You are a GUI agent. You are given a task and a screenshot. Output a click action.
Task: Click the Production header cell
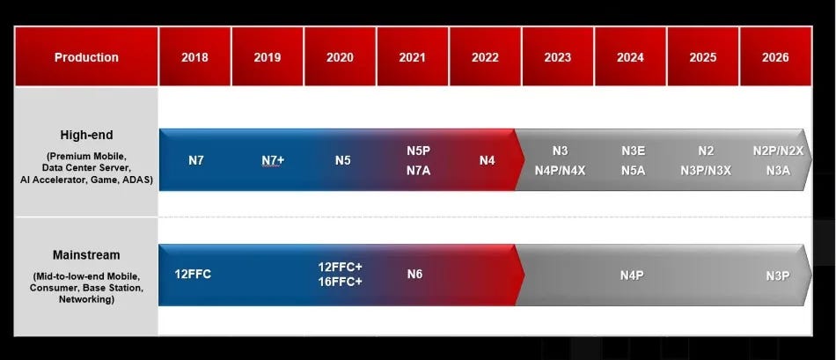86,57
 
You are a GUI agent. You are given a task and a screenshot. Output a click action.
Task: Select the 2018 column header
194,57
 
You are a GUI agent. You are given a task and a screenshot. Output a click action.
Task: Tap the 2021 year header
412,57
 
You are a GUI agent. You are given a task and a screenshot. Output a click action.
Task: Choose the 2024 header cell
630,57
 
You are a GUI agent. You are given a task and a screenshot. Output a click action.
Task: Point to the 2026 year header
775,57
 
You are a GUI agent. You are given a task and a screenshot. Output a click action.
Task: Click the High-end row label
86,135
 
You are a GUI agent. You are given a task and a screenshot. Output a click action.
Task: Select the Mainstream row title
86,255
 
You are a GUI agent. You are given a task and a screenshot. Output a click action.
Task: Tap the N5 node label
343,161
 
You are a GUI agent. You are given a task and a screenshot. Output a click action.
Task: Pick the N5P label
418,151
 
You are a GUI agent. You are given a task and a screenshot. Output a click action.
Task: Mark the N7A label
418,171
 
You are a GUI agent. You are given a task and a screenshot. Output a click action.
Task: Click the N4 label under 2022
488,161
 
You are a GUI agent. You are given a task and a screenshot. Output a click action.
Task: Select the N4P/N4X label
560,171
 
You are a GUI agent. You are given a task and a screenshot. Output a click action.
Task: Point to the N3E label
633,151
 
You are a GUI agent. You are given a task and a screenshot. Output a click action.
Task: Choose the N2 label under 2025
706,151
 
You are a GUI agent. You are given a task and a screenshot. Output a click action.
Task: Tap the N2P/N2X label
778,151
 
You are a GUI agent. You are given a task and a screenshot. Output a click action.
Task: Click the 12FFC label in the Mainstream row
193,274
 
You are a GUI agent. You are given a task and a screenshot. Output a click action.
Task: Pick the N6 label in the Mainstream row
414,274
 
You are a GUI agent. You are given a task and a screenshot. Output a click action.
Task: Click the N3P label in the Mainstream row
777,276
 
